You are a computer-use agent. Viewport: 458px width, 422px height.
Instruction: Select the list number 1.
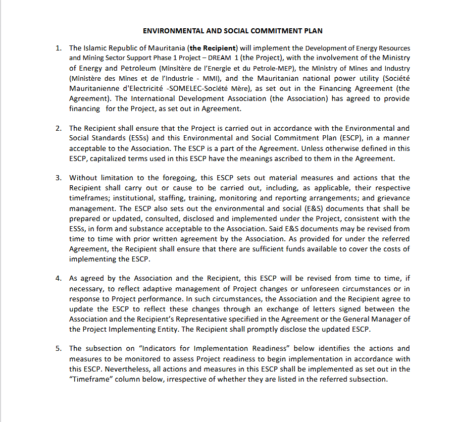(x=59, y=48)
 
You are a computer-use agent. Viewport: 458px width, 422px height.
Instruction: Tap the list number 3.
(x=59, y=178)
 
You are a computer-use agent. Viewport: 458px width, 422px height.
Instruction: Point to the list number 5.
(x=59, y=348)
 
